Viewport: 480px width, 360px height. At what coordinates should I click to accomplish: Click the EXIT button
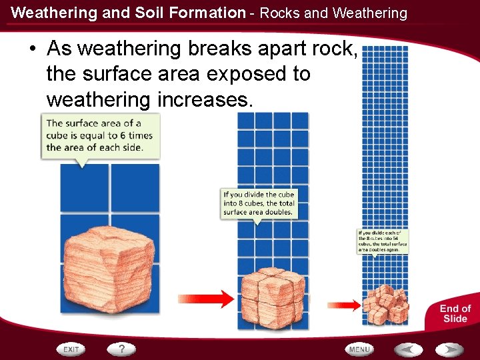pos(71,349)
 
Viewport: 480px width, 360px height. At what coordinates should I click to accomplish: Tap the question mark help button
pos(122,349)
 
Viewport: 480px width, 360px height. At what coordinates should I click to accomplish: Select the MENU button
pos(359,349)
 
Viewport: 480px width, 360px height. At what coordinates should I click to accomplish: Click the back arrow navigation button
pos(407,349)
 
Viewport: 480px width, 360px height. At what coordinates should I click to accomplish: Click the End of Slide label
pos(455,313)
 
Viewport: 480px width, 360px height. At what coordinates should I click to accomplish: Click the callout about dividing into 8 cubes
pos(259,203)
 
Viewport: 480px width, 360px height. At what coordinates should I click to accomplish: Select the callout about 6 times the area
pos(100,135)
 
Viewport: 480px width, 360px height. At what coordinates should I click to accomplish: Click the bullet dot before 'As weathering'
pos(32,49)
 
